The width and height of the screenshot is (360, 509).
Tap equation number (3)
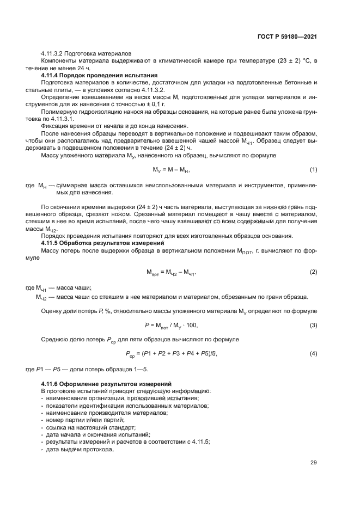pos(314,325)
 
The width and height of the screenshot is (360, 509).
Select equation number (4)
pos(314,354)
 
